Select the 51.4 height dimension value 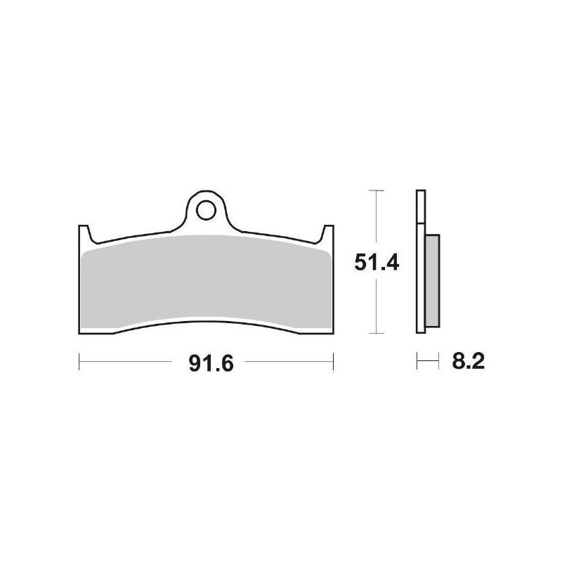coord(376,262)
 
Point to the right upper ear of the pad coord(327,232)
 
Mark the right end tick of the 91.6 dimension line coord(332,362)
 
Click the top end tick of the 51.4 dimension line coord(377,190)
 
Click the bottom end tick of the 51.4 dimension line coord(377,333)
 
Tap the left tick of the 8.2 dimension coord(417,363)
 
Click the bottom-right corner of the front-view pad coord(331,330)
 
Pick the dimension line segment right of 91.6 coord(288,363)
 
